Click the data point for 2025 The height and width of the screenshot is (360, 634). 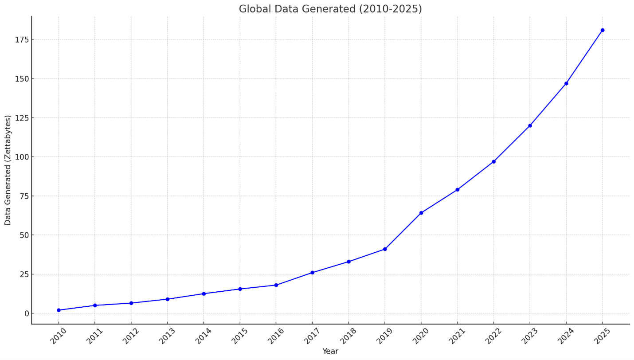click(602, 30)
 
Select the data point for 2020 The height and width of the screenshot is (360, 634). click(421, 213)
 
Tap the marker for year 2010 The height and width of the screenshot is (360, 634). click(59, 310)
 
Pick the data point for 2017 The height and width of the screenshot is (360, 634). click(312, 273)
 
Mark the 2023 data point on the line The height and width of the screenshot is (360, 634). click(530, 125)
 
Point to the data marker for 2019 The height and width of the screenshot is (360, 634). click(385, 249)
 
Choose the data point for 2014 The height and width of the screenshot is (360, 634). click(204, 293)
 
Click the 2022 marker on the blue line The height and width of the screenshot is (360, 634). click(493, 161)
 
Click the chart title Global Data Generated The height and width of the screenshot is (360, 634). click(330, 9)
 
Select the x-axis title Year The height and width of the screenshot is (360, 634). click(330, 351)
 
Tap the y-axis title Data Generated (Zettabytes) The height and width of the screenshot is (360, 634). click(8, 170)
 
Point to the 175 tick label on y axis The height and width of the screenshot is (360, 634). click(21, 39)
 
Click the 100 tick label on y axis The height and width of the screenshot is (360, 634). click(21, 157)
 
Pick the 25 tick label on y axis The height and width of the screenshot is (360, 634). click(23, 274)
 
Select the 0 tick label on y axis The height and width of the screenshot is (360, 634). click(26, 313)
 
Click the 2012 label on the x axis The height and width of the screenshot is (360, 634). click(130, 336)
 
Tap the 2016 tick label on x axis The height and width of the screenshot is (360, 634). click(275, 336)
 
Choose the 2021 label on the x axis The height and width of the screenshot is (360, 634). click(457, 336)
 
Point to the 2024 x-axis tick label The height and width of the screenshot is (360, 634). click(565, 336)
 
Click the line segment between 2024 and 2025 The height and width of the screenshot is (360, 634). click(584, 57)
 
